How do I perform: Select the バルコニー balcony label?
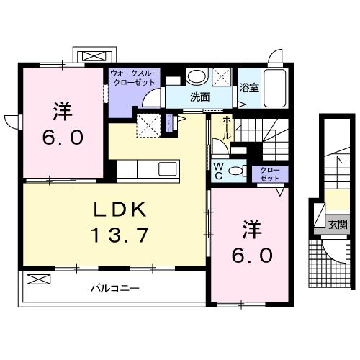pos(114,289)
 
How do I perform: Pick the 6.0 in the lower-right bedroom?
pos(251,256)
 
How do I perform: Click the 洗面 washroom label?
pos(199,96)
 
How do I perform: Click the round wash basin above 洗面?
pos(195,76)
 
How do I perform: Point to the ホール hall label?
pos(227,127)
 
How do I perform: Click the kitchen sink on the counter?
pos(167,170)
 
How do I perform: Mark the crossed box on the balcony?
pos(38,278)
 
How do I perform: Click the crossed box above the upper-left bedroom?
pos(94,55)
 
